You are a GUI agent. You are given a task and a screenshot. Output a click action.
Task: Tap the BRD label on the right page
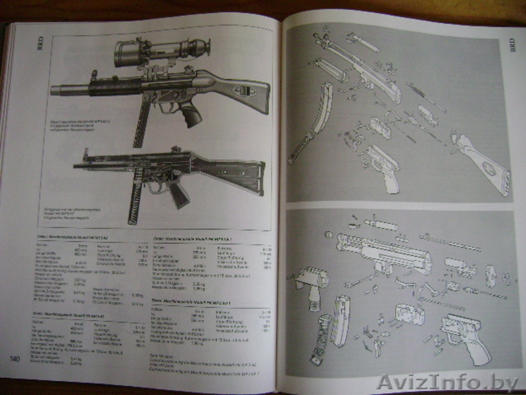coord(513,47)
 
